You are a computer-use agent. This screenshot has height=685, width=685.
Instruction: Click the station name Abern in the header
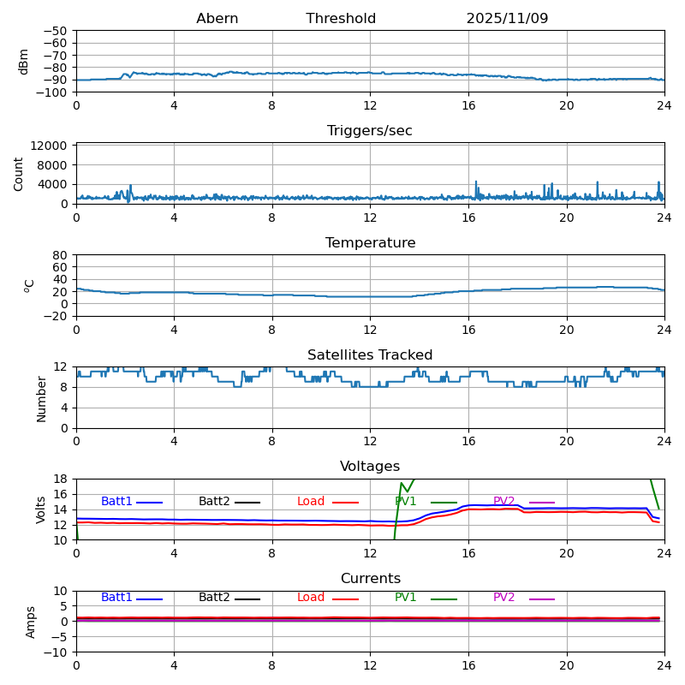coord(217,19)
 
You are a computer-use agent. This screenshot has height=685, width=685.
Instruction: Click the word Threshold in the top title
coord(341,19)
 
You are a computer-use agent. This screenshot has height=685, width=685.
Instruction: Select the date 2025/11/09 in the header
coord(507,19)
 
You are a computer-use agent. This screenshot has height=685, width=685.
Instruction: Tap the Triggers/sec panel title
coord(370,131)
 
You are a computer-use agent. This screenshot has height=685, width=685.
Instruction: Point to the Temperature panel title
coord(370,243)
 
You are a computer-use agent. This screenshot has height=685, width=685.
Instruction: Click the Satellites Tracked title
coord(370,355)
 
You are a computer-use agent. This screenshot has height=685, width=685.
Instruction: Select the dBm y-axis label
coord(24,61)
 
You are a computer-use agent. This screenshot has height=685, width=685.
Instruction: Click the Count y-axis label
coord(19,173)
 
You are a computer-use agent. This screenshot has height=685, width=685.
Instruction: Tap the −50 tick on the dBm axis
coord(56,31)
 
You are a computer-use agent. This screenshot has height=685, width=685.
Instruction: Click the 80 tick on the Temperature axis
coord(61,255)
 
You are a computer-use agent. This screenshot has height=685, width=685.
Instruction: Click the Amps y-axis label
coord(32,622)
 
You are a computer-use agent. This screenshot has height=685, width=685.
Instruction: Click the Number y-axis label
coord(42,398)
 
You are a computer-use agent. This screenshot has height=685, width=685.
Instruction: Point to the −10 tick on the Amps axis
coord(56,652)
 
